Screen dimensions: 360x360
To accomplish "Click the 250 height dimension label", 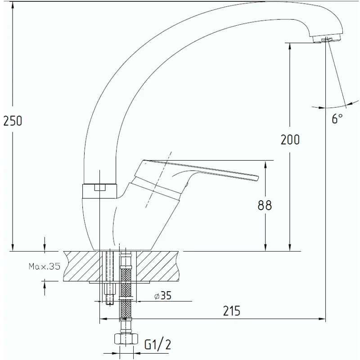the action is click(x=13, y=121).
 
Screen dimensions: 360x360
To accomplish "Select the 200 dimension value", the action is click(x=290, y=139).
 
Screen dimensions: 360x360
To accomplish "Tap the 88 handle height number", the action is click(x=265, y=205).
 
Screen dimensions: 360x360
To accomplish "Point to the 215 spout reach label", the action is click(x=232, y=311).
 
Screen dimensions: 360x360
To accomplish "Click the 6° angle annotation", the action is click(x=337, y=118).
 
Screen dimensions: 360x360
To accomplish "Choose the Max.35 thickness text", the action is click(x=44, y=266).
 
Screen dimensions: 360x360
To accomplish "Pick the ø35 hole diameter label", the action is click(x=163, y=296).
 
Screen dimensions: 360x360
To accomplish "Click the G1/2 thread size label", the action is click(x=158, y=344).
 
